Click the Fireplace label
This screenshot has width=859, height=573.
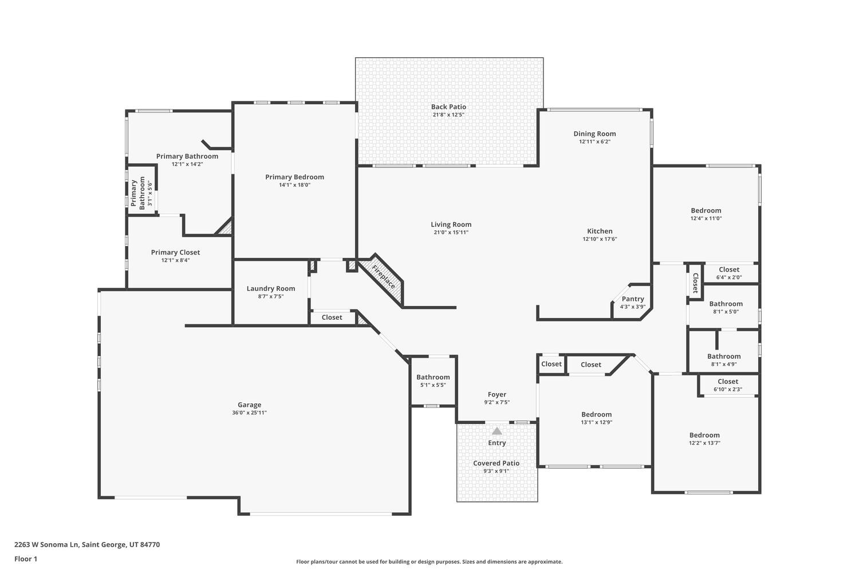383,276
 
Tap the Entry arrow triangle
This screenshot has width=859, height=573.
497,431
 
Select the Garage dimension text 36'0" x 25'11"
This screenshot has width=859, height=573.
249,413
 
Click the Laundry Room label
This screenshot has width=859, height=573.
271,289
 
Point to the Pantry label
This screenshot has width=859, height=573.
633,299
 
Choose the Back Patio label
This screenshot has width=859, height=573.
448,107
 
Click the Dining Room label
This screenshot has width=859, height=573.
594,134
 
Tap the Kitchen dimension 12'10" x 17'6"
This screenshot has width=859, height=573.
600,239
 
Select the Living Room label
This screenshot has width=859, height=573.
451,225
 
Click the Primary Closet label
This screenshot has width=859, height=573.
175,252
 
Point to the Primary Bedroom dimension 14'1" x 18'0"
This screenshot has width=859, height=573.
294,185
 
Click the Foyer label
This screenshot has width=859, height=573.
497,394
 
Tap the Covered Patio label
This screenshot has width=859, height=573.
496,463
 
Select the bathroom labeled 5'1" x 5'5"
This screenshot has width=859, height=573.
433,377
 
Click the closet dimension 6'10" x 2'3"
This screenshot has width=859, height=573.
727,390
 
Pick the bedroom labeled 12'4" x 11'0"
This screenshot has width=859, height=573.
706,210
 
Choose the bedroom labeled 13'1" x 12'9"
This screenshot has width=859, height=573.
596,414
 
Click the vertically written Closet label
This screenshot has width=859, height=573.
695,282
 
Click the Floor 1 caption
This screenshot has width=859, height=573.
26,559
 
